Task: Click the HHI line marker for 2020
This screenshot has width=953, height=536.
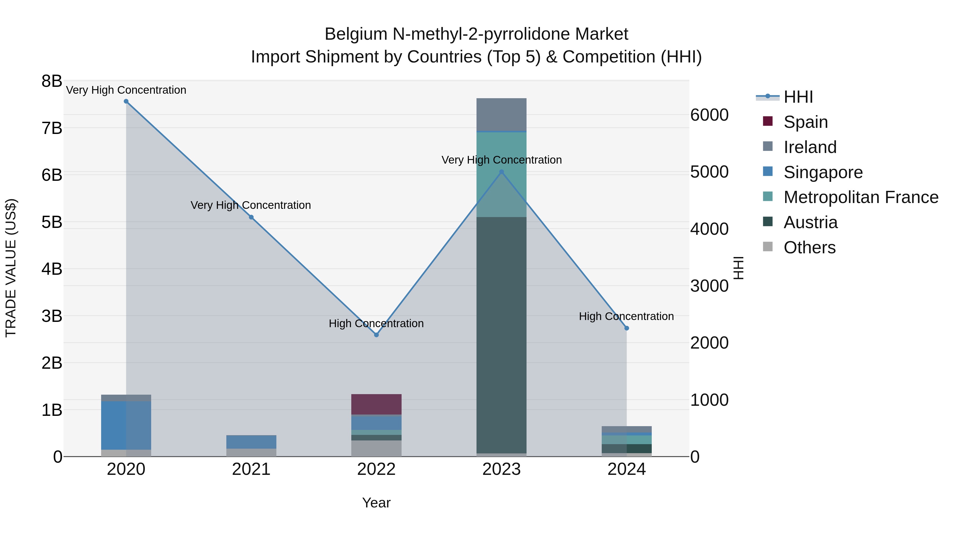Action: pos(126,101)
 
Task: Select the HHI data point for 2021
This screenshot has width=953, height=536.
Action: pos(251,217)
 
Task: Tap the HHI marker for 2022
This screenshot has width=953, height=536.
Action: pos(376,335)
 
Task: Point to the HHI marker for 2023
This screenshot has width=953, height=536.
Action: pos(502,172)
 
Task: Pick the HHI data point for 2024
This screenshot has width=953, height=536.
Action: pos(627,328)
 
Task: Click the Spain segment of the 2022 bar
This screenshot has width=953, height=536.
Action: pos(376,404)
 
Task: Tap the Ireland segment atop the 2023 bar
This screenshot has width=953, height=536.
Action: pos(501,115)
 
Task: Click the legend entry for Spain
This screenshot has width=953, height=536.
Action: pos(805,122)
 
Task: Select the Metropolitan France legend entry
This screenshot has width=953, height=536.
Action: pos(861,197)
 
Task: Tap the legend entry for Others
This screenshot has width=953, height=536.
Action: pos(810,247)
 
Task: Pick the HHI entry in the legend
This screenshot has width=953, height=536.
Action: pos(798,97)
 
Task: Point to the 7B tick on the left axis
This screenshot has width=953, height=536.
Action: pos(52,128)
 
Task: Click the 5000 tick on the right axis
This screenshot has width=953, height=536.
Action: pos(709,172)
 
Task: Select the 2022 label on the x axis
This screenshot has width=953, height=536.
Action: pos(376,469)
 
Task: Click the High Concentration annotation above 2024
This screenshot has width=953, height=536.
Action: pos(626,316)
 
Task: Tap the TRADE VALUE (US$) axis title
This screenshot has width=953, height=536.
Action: pos(11,268)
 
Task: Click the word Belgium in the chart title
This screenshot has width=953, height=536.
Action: pos(356,34)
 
